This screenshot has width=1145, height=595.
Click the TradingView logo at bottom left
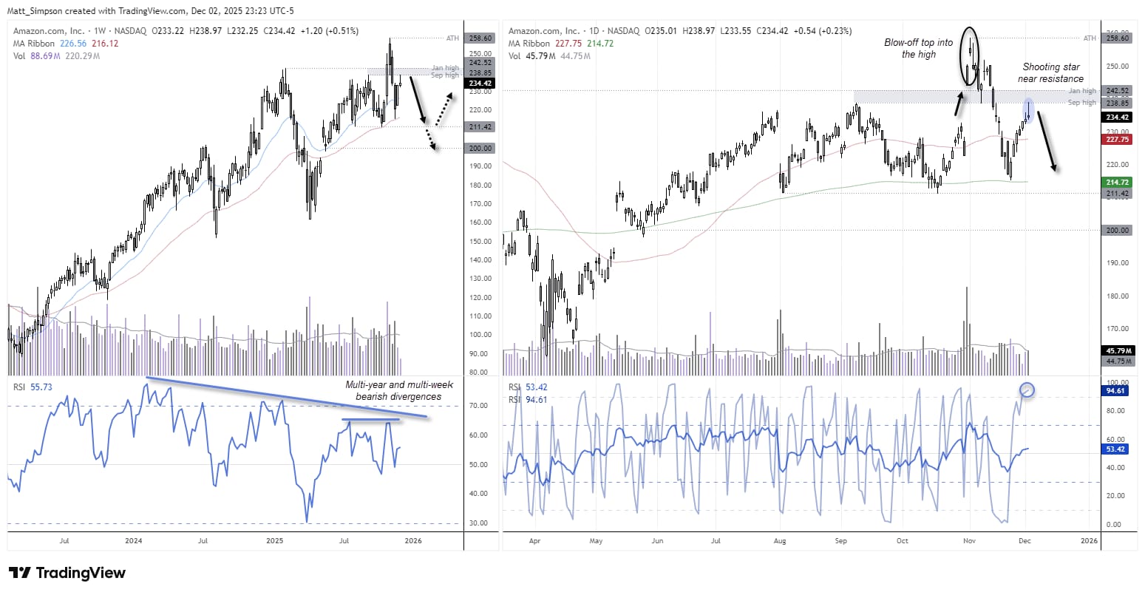coord(67,573)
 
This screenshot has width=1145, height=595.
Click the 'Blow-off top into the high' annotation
coord(918,48)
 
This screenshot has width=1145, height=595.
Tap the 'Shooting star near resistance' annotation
coord(1050,72)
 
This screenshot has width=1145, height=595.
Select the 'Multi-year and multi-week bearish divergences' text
coord(398,390)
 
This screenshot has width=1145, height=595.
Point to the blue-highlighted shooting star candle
coord(1027,110)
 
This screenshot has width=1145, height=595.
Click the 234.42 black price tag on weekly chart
coord(480,84)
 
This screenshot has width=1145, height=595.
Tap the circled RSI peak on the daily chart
coord(1026,390)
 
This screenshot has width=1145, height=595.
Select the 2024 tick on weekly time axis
coord(134,540)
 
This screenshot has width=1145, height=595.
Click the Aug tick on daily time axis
coord(781,540)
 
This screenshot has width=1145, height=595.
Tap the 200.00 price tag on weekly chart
coord(480,148)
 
